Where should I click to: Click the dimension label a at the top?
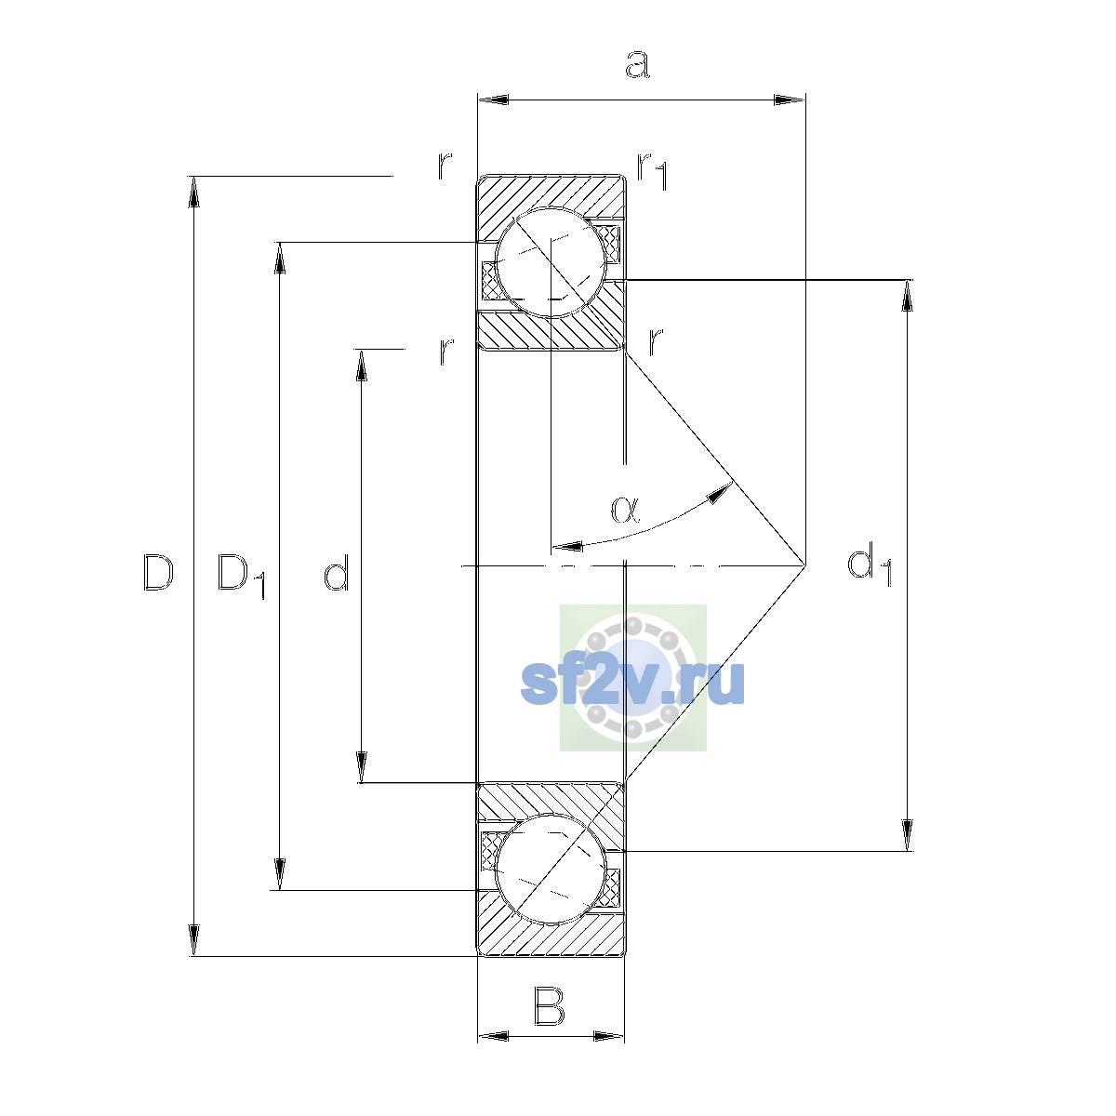coord(637,64)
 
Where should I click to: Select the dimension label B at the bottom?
coord(549,1007)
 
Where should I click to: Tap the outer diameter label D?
coord(157,572)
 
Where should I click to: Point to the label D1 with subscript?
coord(241,576)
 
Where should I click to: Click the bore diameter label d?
coord(336,572)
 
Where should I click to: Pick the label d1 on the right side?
coord(869,565)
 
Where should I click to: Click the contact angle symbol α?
coord(625,509)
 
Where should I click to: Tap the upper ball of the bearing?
coord(551,263)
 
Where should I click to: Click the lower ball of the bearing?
coord(551,869)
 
